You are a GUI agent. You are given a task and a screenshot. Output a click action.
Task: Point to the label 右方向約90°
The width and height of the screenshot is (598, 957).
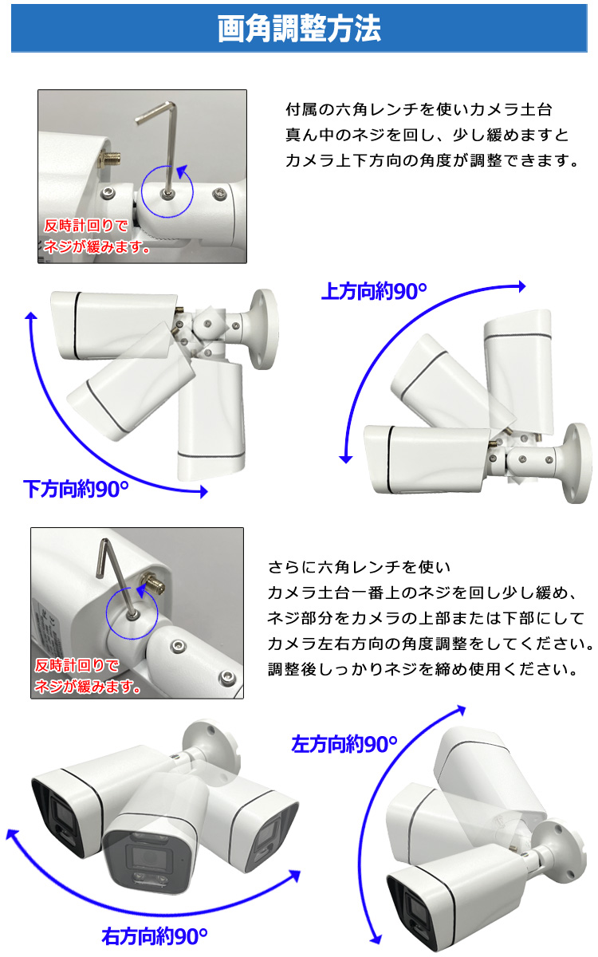click(155, 935)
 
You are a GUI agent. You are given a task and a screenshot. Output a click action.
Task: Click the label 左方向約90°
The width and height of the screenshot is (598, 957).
click(344, 745)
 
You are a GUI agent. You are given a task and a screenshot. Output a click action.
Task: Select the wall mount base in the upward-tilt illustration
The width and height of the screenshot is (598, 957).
click(579, 463)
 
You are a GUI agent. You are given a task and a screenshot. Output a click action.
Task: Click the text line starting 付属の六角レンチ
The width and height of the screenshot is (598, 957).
click(419, 109)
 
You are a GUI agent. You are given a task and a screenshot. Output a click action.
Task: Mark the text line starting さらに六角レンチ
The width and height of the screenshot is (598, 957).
click(360, 567)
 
